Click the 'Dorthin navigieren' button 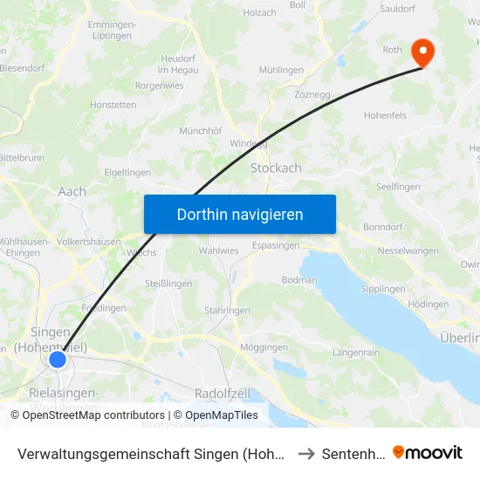point(240,214)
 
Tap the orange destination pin point(422,51)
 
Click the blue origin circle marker point(58,360)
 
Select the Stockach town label point(276,168)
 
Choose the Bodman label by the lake point(299,280)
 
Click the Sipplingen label point(382,289)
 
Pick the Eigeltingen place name point(127,173)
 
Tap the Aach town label point(72,191)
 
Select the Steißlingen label point(168,283)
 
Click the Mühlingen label point(281,70)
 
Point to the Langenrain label point(355,353)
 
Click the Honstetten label point(113,105)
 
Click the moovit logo point(428,453)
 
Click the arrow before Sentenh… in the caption point(306,454)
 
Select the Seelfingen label point(398,187)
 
